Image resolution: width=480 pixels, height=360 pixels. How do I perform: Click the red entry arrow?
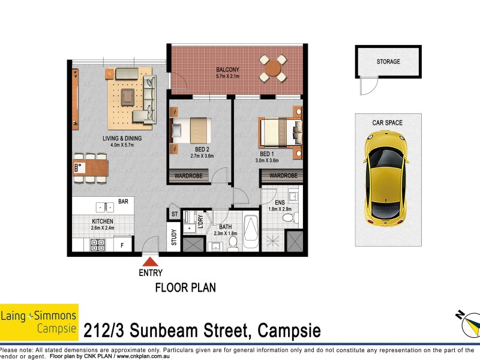click(151, 260)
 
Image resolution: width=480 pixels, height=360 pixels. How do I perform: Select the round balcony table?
click(272, 68)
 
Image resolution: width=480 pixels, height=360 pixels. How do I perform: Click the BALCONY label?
click(227, 70)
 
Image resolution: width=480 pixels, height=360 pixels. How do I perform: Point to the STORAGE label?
click(388, 61)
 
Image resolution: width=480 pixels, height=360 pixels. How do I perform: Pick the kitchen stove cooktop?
click(97, 244)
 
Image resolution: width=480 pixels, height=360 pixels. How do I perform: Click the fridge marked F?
click(123, 245)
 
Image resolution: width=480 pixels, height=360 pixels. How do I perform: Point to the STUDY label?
click(174, 238)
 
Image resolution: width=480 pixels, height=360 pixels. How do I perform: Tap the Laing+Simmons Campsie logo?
click(39, 321)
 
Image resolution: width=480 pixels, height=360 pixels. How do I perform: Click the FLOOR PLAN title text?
click(185, 287)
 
